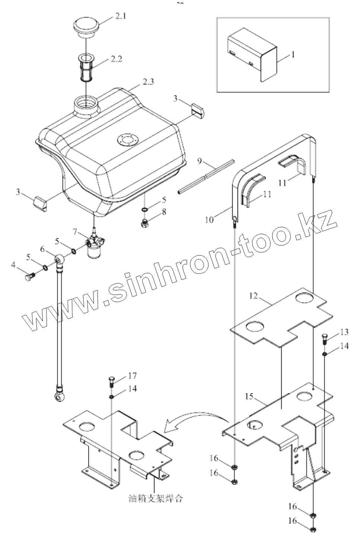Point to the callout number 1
point(293,55)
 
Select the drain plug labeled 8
point(145,224)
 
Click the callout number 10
point(209,220)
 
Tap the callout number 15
point(249,397)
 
